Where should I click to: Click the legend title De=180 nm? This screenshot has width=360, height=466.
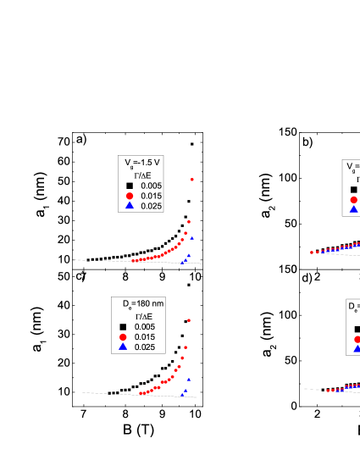coord(139,302)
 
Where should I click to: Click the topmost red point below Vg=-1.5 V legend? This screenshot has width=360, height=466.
coord(193,179)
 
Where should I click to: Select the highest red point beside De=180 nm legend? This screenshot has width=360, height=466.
coord(188,319)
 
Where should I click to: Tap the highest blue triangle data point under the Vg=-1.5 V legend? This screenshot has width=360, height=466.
coord(191,238)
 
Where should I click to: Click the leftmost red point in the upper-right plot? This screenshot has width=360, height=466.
coord(312,252)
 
